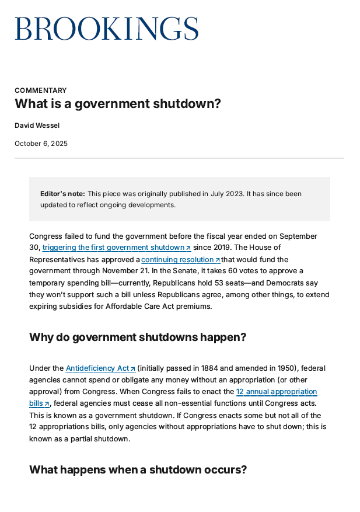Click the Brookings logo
click(x=106, y=28)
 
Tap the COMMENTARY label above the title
click(x=40, y=90)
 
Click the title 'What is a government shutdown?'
click(x=118, y=104)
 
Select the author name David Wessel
click(x=37, y=125)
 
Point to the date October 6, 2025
click(x=41, y=144)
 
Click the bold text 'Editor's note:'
click(x=62, y=194)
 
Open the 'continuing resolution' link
click(x=180, y=259)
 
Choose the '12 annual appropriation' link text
click(x=277, y=392)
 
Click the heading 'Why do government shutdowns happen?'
click(x=138, y=337)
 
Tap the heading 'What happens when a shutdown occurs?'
click(x=138, y=469)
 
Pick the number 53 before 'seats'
click(x=222, y=283)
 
